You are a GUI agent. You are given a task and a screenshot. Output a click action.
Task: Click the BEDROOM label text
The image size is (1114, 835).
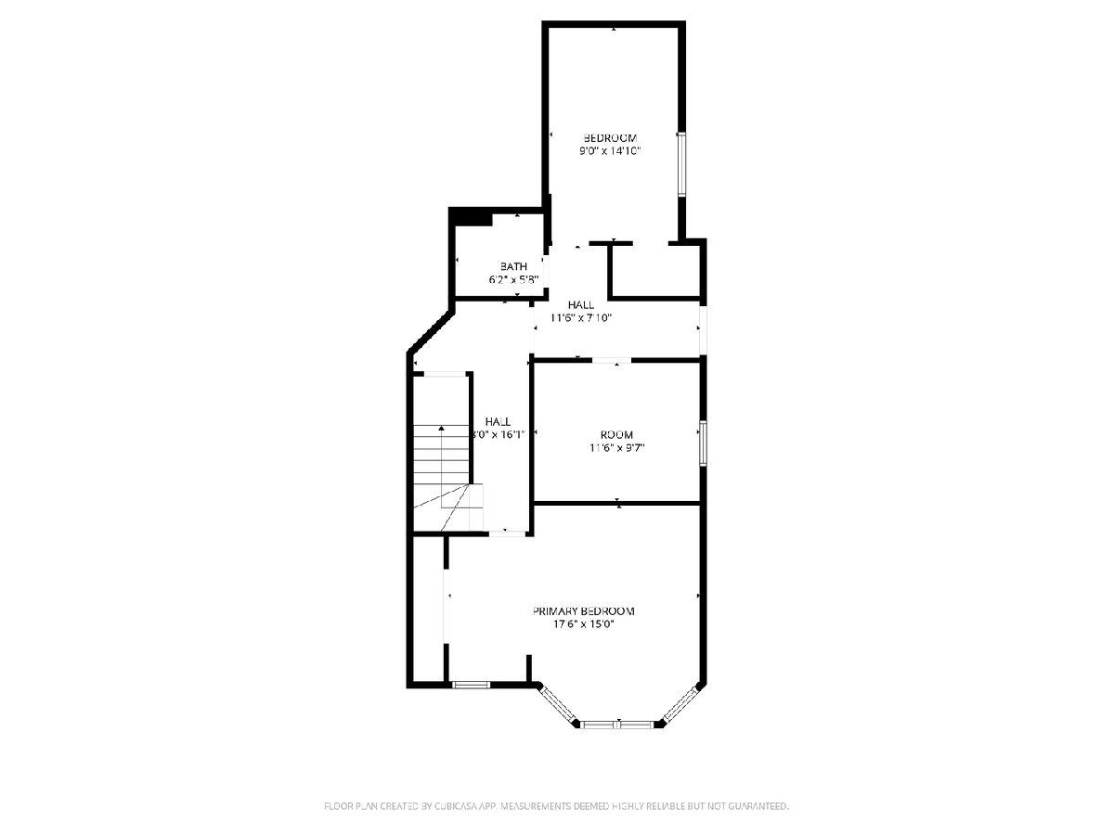(610, 138)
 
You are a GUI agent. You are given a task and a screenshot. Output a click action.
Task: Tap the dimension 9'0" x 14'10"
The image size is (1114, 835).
(610, 151)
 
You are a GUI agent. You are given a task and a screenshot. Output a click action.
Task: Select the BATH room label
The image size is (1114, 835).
(513, 266)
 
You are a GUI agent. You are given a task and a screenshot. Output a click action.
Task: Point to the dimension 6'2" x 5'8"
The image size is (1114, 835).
(513, 279)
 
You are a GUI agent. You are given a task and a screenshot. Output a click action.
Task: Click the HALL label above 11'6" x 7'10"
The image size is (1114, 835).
(581, 305)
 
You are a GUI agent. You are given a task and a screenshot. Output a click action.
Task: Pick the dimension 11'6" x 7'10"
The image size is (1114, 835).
(581, 318)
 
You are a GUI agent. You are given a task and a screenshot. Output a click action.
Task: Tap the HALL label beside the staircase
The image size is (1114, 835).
(498, 422)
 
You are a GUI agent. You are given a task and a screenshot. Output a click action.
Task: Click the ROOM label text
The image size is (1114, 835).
(616, 435)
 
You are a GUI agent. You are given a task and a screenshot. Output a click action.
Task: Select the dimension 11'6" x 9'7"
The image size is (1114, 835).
(616, 448)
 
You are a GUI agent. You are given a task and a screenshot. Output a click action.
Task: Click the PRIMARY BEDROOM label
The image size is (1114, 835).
(584, 611)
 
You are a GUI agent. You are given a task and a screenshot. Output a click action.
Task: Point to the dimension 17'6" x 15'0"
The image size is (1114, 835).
(584, 624)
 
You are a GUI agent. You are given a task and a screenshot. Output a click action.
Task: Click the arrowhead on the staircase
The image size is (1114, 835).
(442, 429)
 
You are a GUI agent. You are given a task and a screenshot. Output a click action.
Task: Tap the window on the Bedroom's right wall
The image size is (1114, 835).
(681, 164)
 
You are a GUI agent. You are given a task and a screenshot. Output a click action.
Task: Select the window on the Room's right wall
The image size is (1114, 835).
(703, 443)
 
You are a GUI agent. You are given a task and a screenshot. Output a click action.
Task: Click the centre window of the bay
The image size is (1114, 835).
(618, 725)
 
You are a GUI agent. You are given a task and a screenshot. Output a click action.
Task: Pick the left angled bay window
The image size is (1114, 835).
(558, 704)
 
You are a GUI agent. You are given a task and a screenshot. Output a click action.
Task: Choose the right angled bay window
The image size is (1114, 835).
(680, 703)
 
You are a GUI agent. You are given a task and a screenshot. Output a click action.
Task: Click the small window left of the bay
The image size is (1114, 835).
(471, 686)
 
